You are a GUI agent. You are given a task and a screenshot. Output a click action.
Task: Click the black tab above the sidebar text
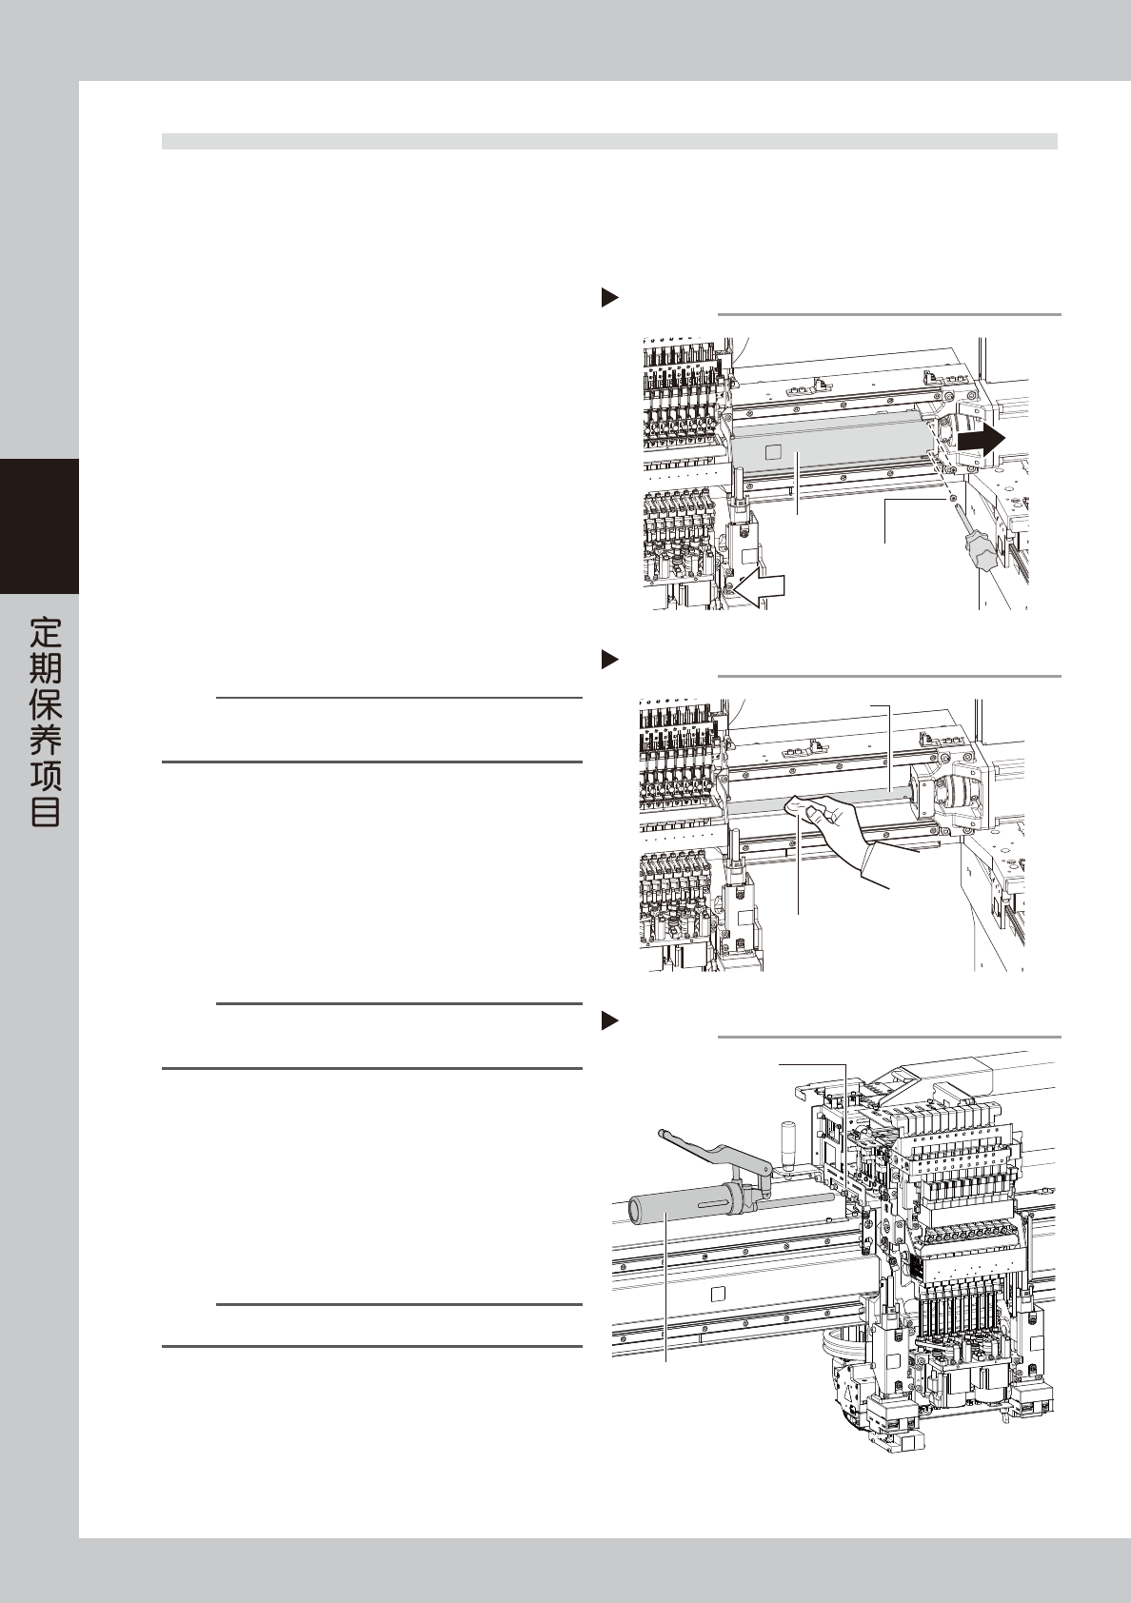pos(39,525)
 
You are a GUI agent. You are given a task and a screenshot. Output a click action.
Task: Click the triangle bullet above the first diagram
pos(609,298)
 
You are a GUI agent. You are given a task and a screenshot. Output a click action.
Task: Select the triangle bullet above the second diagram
pos(609,659)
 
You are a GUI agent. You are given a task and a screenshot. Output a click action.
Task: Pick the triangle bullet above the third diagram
pos(609,1021)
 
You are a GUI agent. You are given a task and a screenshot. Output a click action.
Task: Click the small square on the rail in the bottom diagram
pos(720,1293)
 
